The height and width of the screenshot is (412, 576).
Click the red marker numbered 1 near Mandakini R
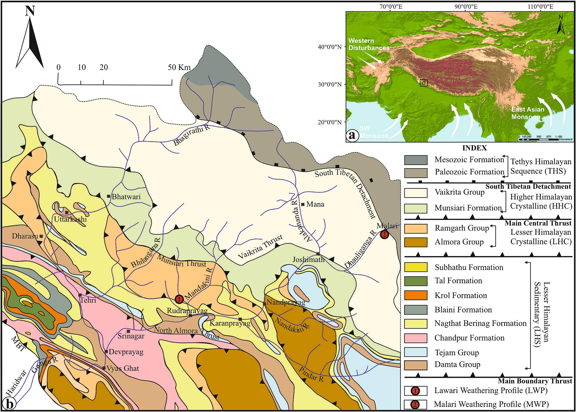(x=179, y=299)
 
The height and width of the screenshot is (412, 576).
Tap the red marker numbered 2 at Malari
(x=384, y=234)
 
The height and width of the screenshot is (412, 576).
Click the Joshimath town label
(x=308, y=260)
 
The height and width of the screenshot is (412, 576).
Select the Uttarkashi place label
(x=70, y=219)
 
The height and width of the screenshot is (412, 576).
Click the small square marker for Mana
(x=303, y=204)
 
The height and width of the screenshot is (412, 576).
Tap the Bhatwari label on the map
(x=126, y=197)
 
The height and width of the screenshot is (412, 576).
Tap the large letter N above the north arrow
(x=30, y=11)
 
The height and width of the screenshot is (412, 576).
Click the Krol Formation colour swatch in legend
(x=416, y=295)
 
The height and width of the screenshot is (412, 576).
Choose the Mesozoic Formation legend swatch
(x=416, y=160)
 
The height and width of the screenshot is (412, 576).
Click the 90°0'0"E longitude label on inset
(x=466, y=6)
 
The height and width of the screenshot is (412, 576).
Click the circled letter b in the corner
(x=9, y=404)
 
